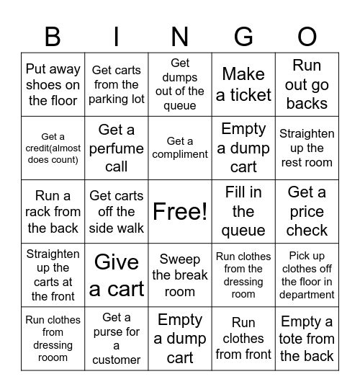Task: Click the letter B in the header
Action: pos(53,36)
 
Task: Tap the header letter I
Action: pos(117,36)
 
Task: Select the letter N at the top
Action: pos(180,36)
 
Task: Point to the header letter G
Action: pos(243,36)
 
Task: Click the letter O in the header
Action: pos(307,36)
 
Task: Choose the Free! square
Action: pos(180,211)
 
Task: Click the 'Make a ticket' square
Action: pos(243,84)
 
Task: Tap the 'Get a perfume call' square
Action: pos(117,148)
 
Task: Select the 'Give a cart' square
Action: pos(117,275)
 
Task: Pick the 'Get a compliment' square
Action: pos(180,148)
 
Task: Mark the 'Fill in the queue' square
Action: pos(243,211)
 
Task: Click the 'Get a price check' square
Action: pos(307,211)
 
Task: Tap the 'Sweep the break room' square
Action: pos(180,275)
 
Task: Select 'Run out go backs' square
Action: pos(307,84)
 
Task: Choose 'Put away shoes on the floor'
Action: pos(53,84)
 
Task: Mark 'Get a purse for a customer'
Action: pos(117,338)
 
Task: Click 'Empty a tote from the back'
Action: pos(307,338)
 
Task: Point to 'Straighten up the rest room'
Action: pos(307,148)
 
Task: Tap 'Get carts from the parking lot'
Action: pos(117,84)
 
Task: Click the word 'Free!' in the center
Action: pos(180,211)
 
